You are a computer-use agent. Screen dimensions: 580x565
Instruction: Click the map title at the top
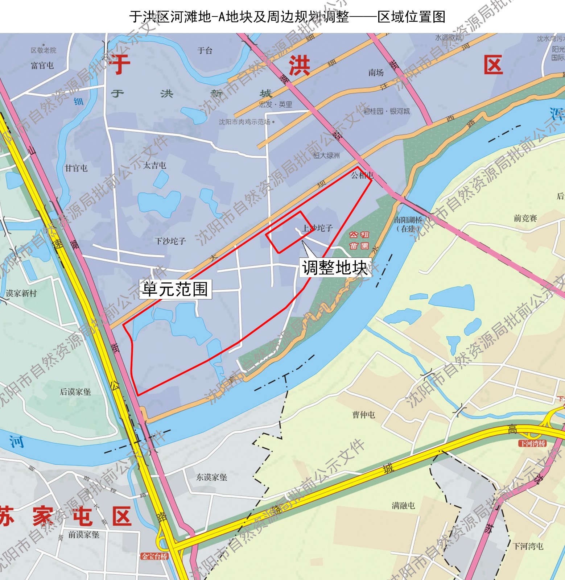tap(287, 17)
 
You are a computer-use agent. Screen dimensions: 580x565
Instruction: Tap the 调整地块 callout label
tap(335, 268)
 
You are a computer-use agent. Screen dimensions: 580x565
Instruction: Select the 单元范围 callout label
tap(175, 289)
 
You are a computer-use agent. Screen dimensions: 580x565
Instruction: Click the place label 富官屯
tap(42, 66)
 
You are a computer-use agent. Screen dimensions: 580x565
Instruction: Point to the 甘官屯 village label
tap(76, 168)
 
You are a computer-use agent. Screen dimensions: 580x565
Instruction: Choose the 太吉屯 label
tap(155, 165)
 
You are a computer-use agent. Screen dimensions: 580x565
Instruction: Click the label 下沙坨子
tap(170, 241)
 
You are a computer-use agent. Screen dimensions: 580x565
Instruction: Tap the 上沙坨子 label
tap(318, 228)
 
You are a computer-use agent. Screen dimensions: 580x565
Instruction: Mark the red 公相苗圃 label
tap(359, 240)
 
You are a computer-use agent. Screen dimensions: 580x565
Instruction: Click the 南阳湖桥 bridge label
tap(408, 224)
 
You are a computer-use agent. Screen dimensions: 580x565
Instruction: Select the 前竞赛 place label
tap(525, 218)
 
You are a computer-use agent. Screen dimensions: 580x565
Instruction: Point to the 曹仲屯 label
tap(363, 414)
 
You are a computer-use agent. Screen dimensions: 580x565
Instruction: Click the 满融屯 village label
tap(403, 505)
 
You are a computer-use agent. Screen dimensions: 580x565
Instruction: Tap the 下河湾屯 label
tap(528, 546)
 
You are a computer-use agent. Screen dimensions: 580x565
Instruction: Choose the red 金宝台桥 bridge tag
tap(155, 556)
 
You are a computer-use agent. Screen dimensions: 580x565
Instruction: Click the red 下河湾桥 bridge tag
tap(532, 443)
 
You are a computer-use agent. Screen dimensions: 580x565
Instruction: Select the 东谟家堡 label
tap(212, 477)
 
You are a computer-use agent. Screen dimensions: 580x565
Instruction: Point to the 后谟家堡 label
tap(75, 392)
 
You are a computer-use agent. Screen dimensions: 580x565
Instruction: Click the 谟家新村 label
tap(21, 293)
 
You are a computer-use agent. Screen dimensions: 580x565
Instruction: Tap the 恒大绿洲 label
tap(327, 156)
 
